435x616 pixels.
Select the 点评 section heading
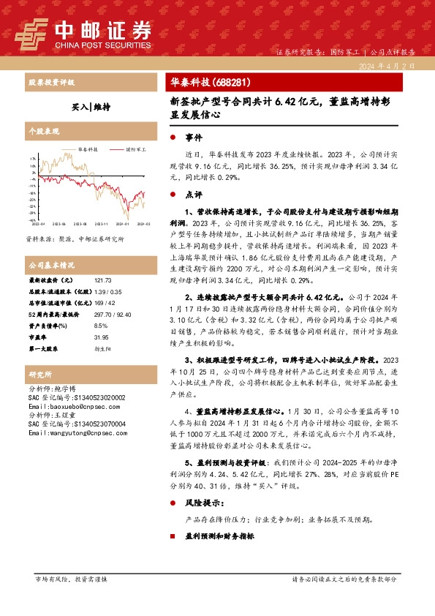(194, 195)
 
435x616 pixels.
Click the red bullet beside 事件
(173, 138)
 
